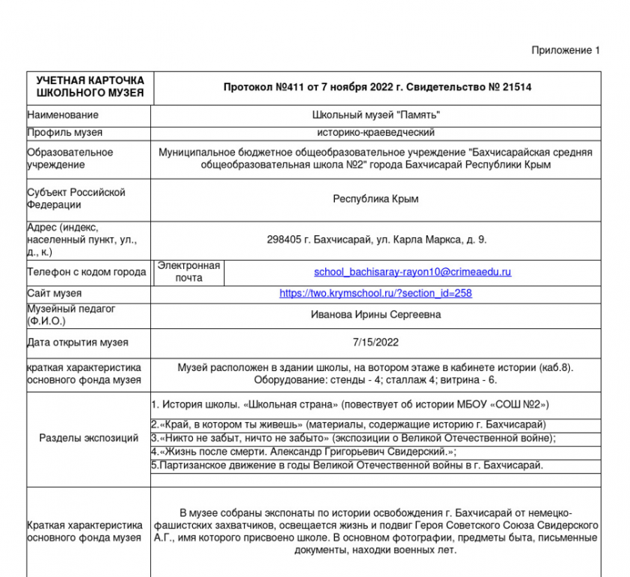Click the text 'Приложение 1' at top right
pyautogui.click(x=565, y=50)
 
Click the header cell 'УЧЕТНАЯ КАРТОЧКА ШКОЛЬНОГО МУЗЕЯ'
pyautogui.click(x=90, y=86)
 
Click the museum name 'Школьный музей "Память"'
pyautogui.click(x=375, y=115)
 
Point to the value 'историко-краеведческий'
pyautogui.click(x=375, y=132)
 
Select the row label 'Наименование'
pyautogui.click(x=63, y=115)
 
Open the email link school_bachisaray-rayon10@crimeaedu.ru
pyautogui.click(x=412, y=271)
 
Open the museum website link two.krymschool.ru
pyautogui.click(x=375, y=293)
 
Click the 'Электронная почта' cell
pyautogui.click(x=188, y=271)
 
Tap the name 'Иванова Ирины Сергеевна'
pyautogui.click(x=375, y=315)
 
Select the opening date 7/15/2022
pyautogui.click(x=375, y=343)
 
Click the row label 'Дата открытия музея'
pyautogui.click(x=77, y=343)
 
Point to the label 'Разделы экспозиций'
pyautogui.click(x=89, y=438)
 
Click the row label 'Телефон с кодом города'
pyautogui.click(x=86, y=272)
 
